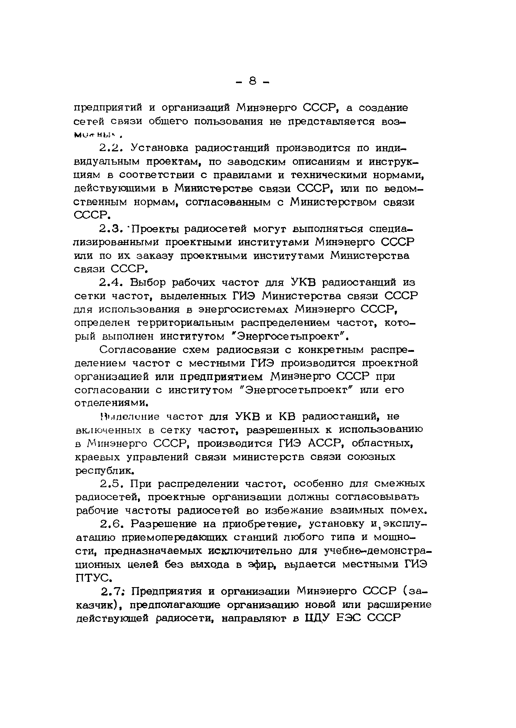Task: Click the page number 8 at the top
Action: [253, 82]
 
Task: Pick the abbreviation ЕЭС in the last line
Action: [349, 618]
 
